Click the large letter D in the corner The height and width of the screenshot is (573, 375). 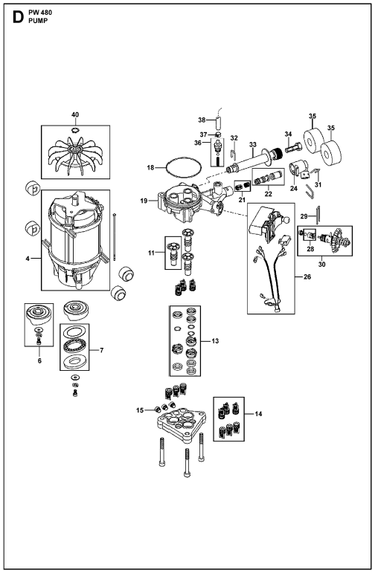[18, 17]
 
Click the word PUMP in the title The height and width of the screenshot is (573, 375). [38, 21]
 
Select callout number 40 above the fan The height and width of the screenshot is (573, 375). [75, 114]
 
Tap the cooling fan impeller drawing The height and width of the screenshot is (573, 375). [74, 155]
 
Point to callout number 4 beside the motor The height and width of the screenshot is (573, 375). [28, 259]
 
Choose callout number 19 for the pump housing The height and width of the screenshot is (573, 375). [144, 201]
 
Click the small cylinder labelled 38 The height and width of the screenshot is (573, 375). [219, 122]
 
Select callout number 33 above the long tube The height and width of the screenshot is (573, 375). [253, 145]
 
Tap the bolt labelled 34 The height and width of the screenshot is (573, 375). [292, 149]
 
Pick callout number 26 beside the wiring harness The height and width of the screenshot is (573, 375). [307, 276]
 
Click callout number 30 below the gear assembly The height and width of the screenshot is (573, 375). [321, 265]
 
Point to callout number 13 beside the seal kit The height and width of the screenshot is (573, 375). [215, 341]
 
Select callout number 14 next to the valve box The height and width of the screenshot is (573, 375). [258, 414]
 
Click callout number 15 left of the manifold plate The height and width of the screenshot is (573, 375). [140, 410]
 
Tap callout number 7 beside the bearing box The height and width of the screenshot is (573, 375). [102, 351]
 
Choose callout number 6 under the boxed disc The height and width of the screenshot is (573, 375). [39, 360]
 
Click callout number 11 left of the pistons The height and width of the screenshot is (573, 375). [152, 253]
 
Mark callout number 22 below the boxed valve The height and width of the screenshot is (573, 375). [269, 194]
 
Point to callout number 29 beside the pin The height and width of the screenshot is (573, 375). [304, 216]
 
